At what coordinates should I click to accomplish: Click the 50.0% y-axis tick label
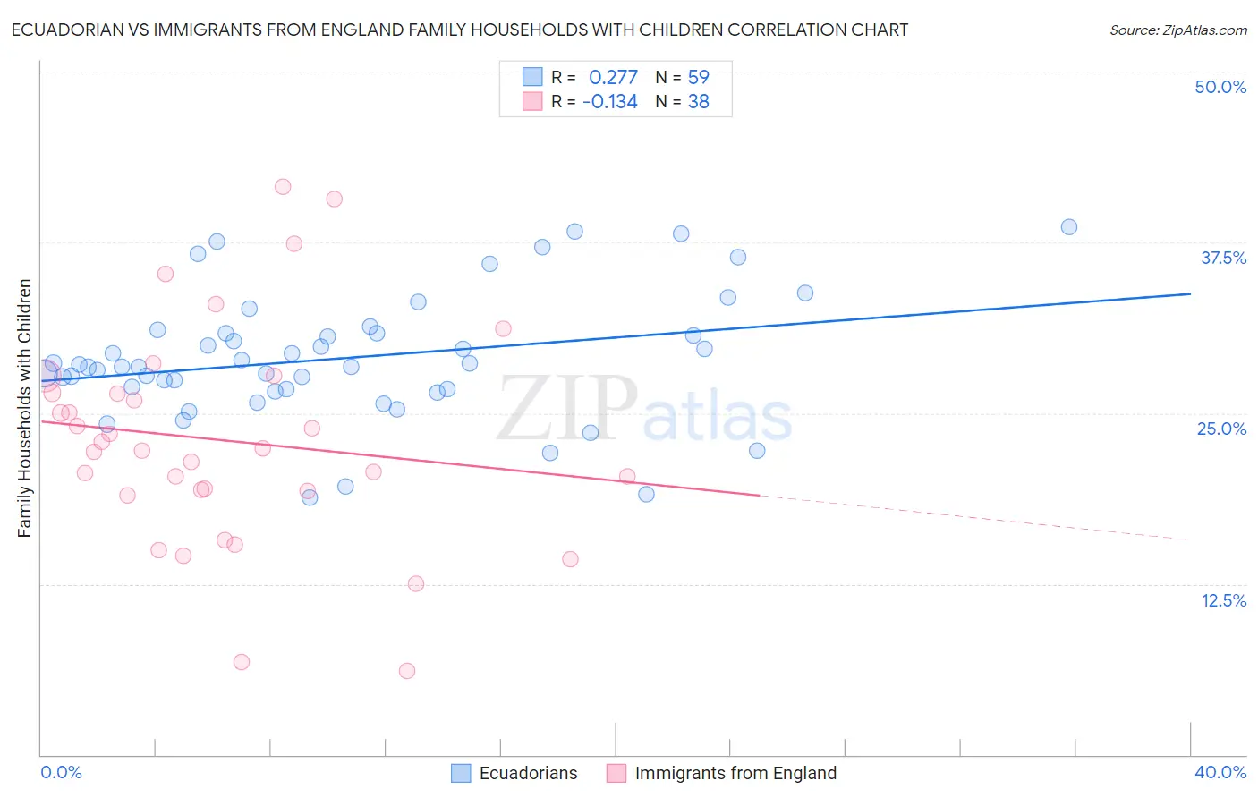1220,87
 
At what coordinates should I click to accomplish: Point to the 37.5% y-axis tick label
1223,258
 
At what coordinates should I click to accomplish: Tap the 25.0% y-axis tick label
1221,429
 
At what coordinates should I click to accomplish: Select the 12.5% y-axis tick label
1223,600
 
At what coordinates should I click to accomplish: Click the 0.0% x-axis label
61,772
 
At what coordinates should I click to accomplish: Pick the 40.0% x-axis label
1220,772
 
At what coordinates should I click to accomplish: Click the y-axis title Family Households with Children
24,408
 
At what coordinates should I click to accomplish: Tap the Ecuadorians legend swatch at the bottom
461,773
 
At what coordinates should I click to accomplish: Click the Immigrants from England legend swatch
616,773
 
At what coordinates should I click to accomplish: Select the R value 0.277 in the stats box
613,77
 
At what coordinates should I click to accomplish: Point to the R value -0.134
609,101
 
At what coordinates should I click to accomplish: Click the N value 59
698,77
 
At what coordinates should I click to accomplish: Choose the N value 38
698,101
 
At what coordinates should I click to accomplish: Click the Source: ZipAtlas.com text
1177,30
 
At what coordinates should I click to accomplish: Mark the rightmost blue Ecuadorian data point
1068,227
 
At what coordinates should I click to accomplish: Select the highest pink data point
283,187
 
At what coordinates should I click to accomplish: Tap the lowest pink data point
407,671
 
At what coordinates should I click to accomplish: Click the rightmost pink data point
627,477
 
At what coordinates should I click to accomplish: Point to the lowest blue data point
310,497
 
